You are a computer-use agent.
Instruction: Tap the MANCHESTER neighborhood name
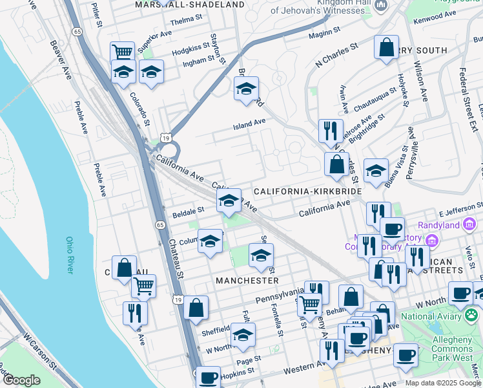coord(247,281)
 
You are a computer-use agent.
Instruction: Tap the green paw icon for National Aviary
coord(473,316)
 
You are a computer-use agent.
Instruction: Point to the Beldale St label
coord(188,210)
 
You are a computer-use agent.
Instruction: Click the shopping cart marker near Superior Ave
coord(122,52)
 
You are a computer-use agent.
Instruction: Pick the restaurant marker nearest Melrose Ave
coord(331,131)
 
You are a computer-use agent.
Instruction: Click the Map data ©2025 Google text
coord(443,382)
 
